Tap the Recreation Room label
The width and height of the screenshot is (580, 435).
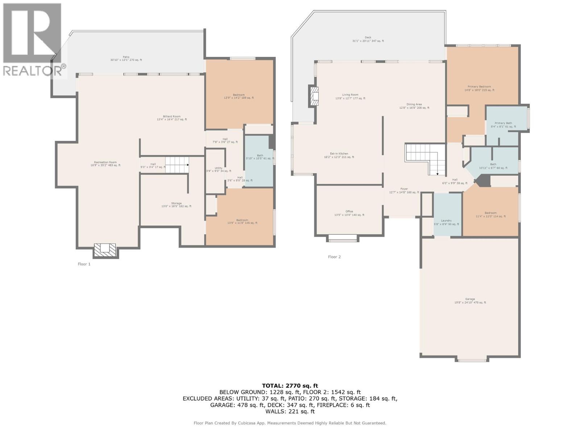pyautogui.click(x=105, y=164)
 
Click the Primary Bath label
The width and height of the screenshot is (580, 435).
pyautogui.click(x=503, y=125)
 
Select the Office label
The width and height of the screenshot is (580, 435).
pyautogui.click(x=349, y=213)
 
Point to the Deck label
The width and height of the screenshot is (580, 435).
pyautogui.click(x=368, y=39)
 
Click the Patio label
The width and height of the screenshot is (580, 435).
pyautogui.click(x=126, y=58)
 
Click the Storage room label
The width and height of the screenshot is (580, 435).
pyautogui.click(x=176, y=204)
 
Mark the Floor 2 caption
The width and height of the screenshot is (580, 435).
pyautogui.click(x=334, y=257)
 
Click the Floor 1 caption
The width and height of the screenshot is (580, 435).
pyautogui.click(x=84, y=264)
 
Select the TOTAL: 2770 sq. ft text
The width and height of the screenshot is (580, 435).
pyautogui.click(x=290, y=386)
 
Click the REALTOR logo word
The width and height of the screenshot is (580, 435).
pyautogui.click(x=33, y=71)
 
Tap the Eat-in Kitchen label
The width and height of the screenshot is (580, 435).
pyautogui.click(x=339, y=155)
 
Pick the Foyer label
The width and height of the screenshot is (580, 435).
pyautogui.click(x=404, y=190)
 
